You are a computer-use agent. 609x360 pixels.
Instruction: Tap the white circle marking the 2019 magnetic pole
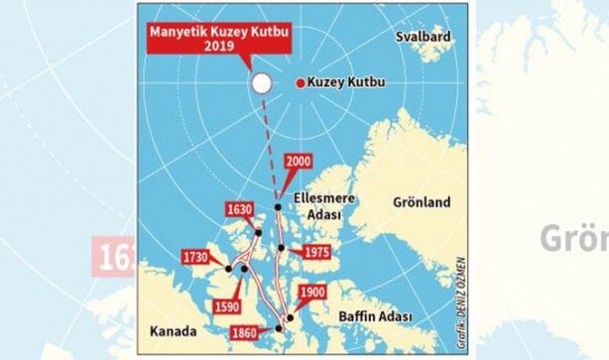262,83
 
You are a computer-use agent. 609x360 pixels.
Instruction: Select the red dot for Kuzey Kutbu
300,83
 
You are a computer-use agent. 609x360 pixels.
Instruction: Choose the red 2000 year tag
301,161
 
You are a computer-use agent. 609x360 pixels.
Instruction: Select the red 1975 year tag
316,252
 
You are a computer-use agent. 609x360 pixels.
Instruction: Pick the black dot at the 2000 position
279,207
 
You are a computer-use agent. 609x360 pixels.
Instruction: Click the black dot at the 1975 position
282,248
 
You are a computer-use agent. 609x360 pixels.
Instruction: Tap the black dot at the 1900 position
290,318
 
